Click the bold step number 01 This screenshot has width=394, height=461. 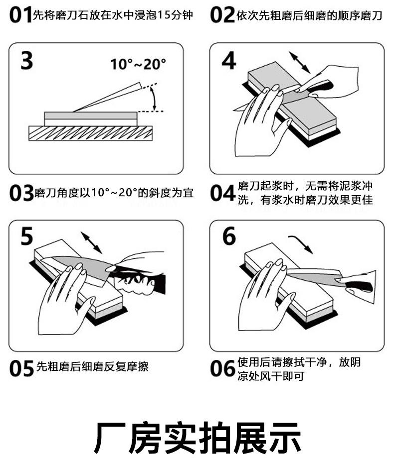(x=20, y=15)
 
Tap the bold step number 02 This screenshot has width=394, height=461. (x=222, y=15)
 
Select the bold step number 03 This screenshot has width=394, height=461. (x=21, y=193)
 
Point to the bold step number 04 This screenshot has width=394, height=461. (x=222, y=193)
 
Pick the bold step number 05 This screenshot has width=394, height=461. (x=22, y=368)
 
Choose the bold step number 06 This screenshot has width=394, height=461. (x=222, y=368)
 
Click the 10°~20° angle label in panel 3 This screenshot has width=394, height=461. (x=138, y=64)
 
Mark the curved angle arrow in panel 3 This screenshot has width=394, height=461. (x=155, y=98)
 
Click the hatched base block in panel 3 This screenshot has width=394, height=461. (x=90, y=133)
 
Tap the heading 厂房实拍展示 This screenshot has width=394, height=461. (x=197, y=437)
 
